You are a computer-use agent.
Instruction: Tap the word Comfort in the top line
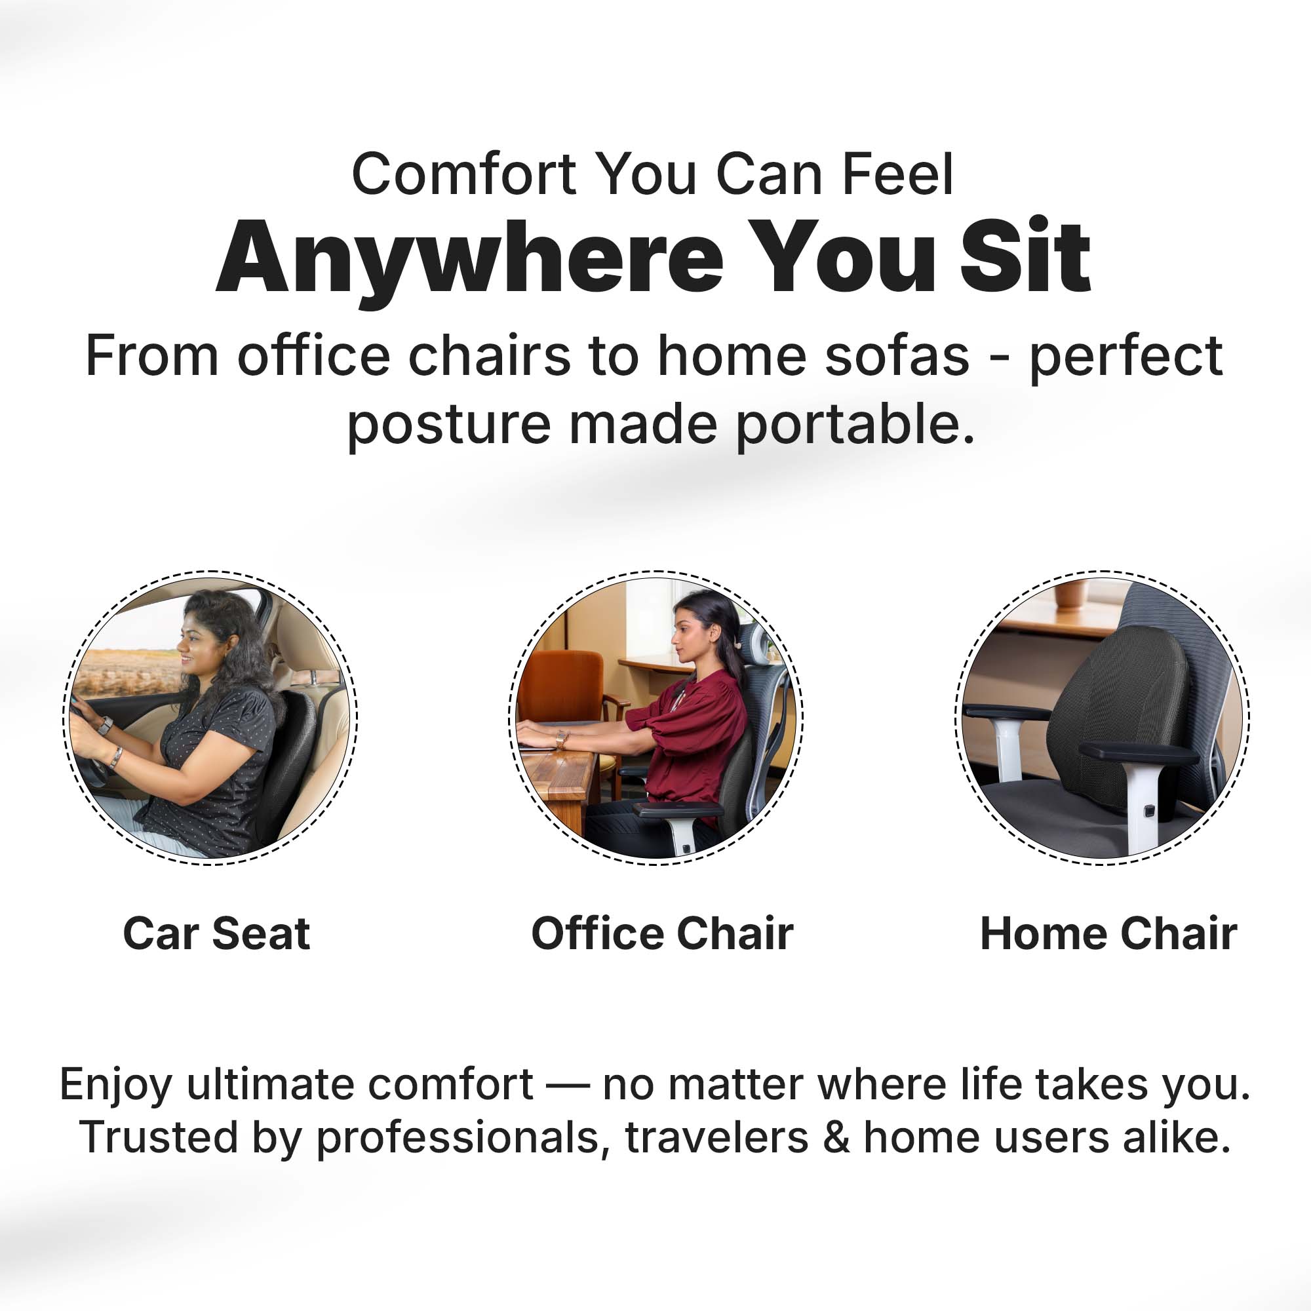pos(463,174)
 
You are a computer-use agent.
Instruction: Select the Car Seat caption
pos(216,933)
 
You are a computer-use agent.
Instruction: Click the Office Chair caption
pos(662,933)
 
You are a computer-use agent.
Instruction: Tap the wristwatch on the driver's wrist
pos(104,726)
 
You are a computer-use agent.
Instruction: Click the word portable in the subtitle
pos(855,425)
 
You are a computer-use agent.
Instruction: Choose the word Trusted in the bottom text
pos(158,1138)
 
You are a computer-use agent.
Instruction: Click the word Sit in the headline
pos(1025,256)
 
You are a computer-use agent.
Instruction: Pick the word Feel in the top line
pos(897,174)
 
